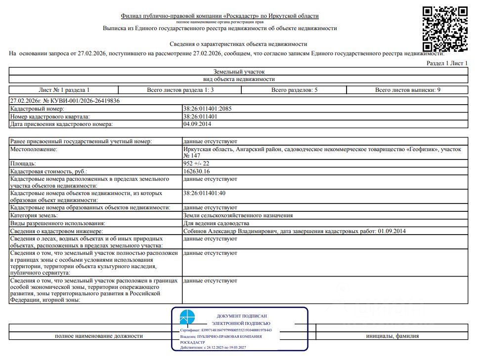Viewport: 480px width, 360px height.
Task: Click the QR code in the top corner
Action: (x=445, y=29)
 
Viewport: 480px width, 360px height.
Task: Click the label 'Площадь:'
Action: (x=23, y=163)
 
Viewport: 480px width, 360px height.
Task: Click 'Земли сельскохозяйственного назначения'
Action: (x=238, y=215)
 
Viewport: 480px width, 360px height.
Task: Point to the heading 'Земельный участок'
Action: (x=239, y=72)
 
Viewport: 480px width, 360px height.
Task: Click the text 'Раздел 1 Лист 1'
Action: (x=447, y=64)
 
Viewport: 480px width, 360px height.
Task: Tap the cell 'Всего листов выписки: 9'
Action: (x=407, y=90)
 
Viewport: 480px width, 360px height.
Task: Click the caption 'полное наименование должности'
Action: (x=99, y=336)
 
